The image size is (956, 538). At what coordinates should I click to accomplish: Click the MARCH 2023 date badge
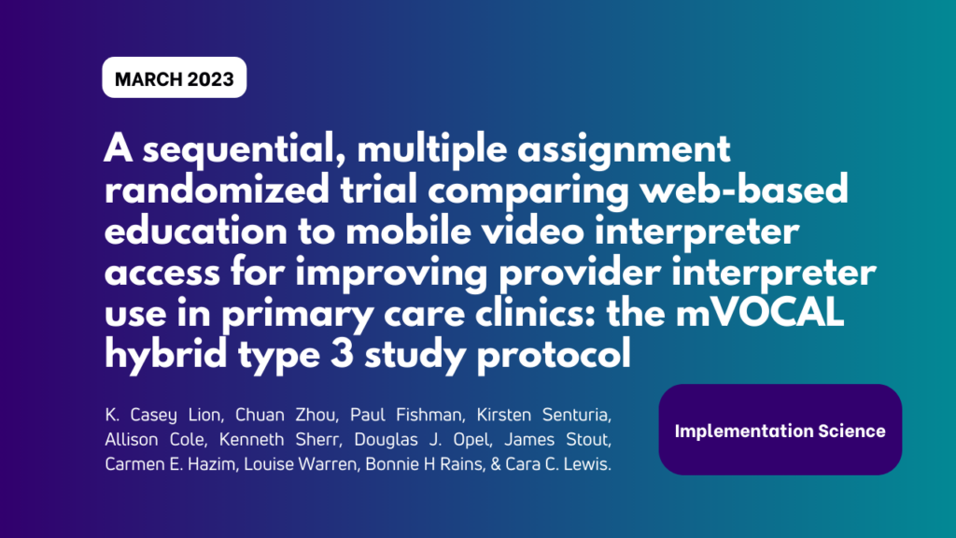tap(174, 79)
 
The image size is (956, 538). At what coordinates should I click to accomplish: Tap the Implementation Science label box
tap(780, 431)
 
